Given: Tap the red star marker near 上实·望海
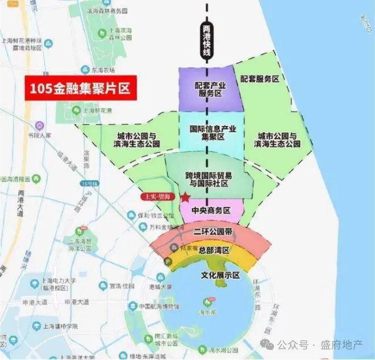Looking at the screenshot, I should click(x=185, y=198).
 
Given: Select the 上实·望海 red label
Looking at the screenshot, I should click(x=156, y=196).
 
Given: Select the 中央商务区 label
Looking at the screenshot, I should click(x=210, y=210).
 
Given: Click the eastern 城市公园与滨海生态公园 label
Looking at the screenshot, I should click(x=278, y=140).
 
